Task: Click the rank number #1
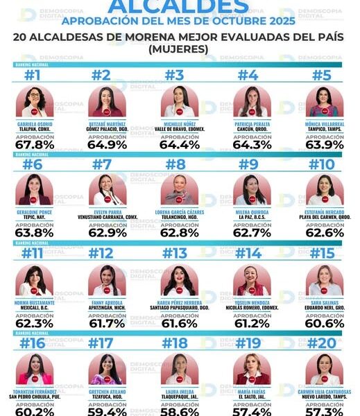[x=34, y=76]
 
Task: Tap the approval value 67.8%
[x=34, y=145]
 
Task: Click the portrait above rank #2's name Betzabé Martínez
[x=107, y=102]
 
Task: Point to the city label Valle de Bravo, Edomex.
[x=180, y=129]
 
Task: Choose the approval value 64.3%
[x=252, y=145]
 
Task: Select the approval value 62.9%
[x=107, y=232]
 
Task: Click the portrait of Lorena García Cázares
[x=180, y=189]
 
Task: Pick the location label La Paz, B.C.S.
[x=252, y=216]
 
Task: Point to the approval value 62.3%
[x=34, y=322]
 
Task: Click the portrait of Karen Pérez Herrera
[x=180, y=279]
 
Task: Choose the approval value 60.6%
[x=325, y=322]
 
